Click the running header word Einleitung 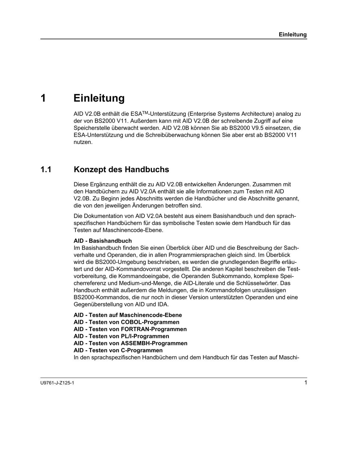292,34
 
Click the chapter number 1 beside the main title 43,98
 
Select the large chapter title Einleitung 99,98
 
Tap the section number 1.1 46,169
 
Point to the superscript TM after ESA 145,112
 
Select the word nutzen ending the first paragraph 83,142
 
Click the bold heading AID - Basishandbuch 103,241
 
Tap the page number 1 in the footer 305,382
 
